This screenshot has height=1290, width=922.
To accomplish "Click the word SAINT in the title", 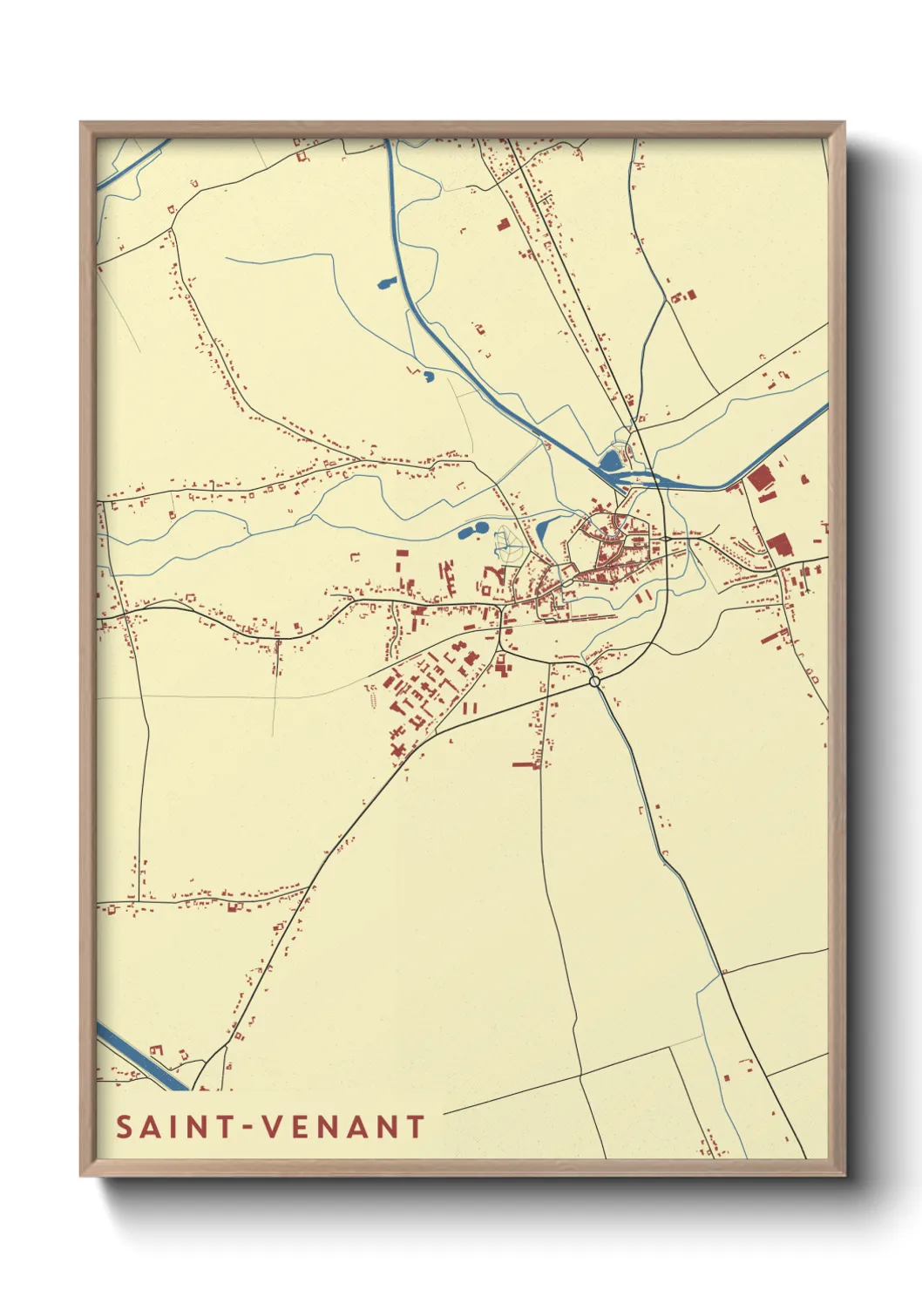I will point(174,1127).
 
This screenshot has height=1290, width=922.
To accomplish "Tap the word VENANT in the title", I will point(343,1127).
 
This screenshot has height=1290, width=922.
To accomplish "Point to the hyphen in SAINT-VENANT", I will point(248,1128).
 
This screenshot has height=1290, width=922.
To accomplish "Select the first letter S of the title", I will point(125,1127).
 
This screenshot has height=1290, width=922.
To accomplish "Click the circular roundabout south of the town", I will point(595,682).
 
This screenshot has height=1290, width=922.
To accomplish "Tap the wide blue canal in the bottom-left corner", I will point(139,1059).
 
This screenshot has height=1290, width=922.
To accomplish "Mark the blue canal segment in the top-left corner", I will point(131,166).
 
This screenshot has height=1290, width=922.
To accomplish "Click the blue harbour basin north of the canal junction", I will point(612,458).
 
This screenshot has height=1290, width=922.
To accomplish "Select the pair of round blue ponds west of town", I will point(471,530).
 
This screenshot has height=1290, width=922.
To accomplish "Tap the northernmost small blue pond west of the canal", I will point(385,282).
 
